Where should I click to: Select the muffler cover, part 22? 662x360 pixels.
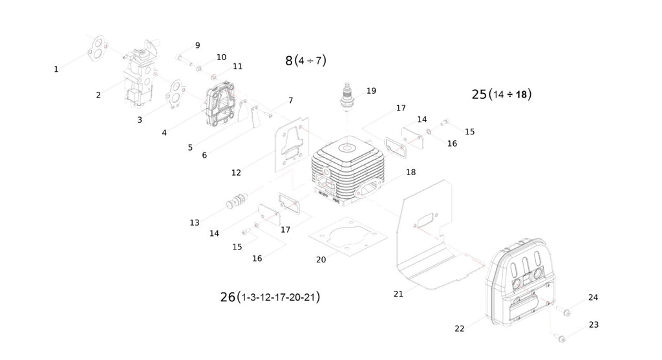click(524, 288)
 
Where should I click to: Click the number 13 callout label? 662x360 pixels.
click(195, 222)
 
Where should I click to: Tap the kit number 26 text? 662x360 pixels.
click(228, 297)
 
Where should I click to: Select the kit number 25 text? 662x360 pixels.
click(479, 94)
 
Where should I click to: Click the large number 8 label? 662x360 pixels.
click(289, 61)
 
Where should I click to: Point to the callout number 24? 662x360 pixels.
click(593, 297)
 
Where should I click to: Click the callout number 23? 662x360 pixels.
click(593, 324)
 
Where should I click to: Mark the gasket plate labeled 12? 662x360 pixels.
click(290, 145)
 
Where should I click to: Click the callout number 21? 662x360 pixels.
click(398, 293)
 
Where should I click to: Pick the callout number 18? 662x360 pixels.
click(411, 172)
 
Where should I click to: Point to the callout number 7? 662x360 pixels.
click(291, 100)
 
